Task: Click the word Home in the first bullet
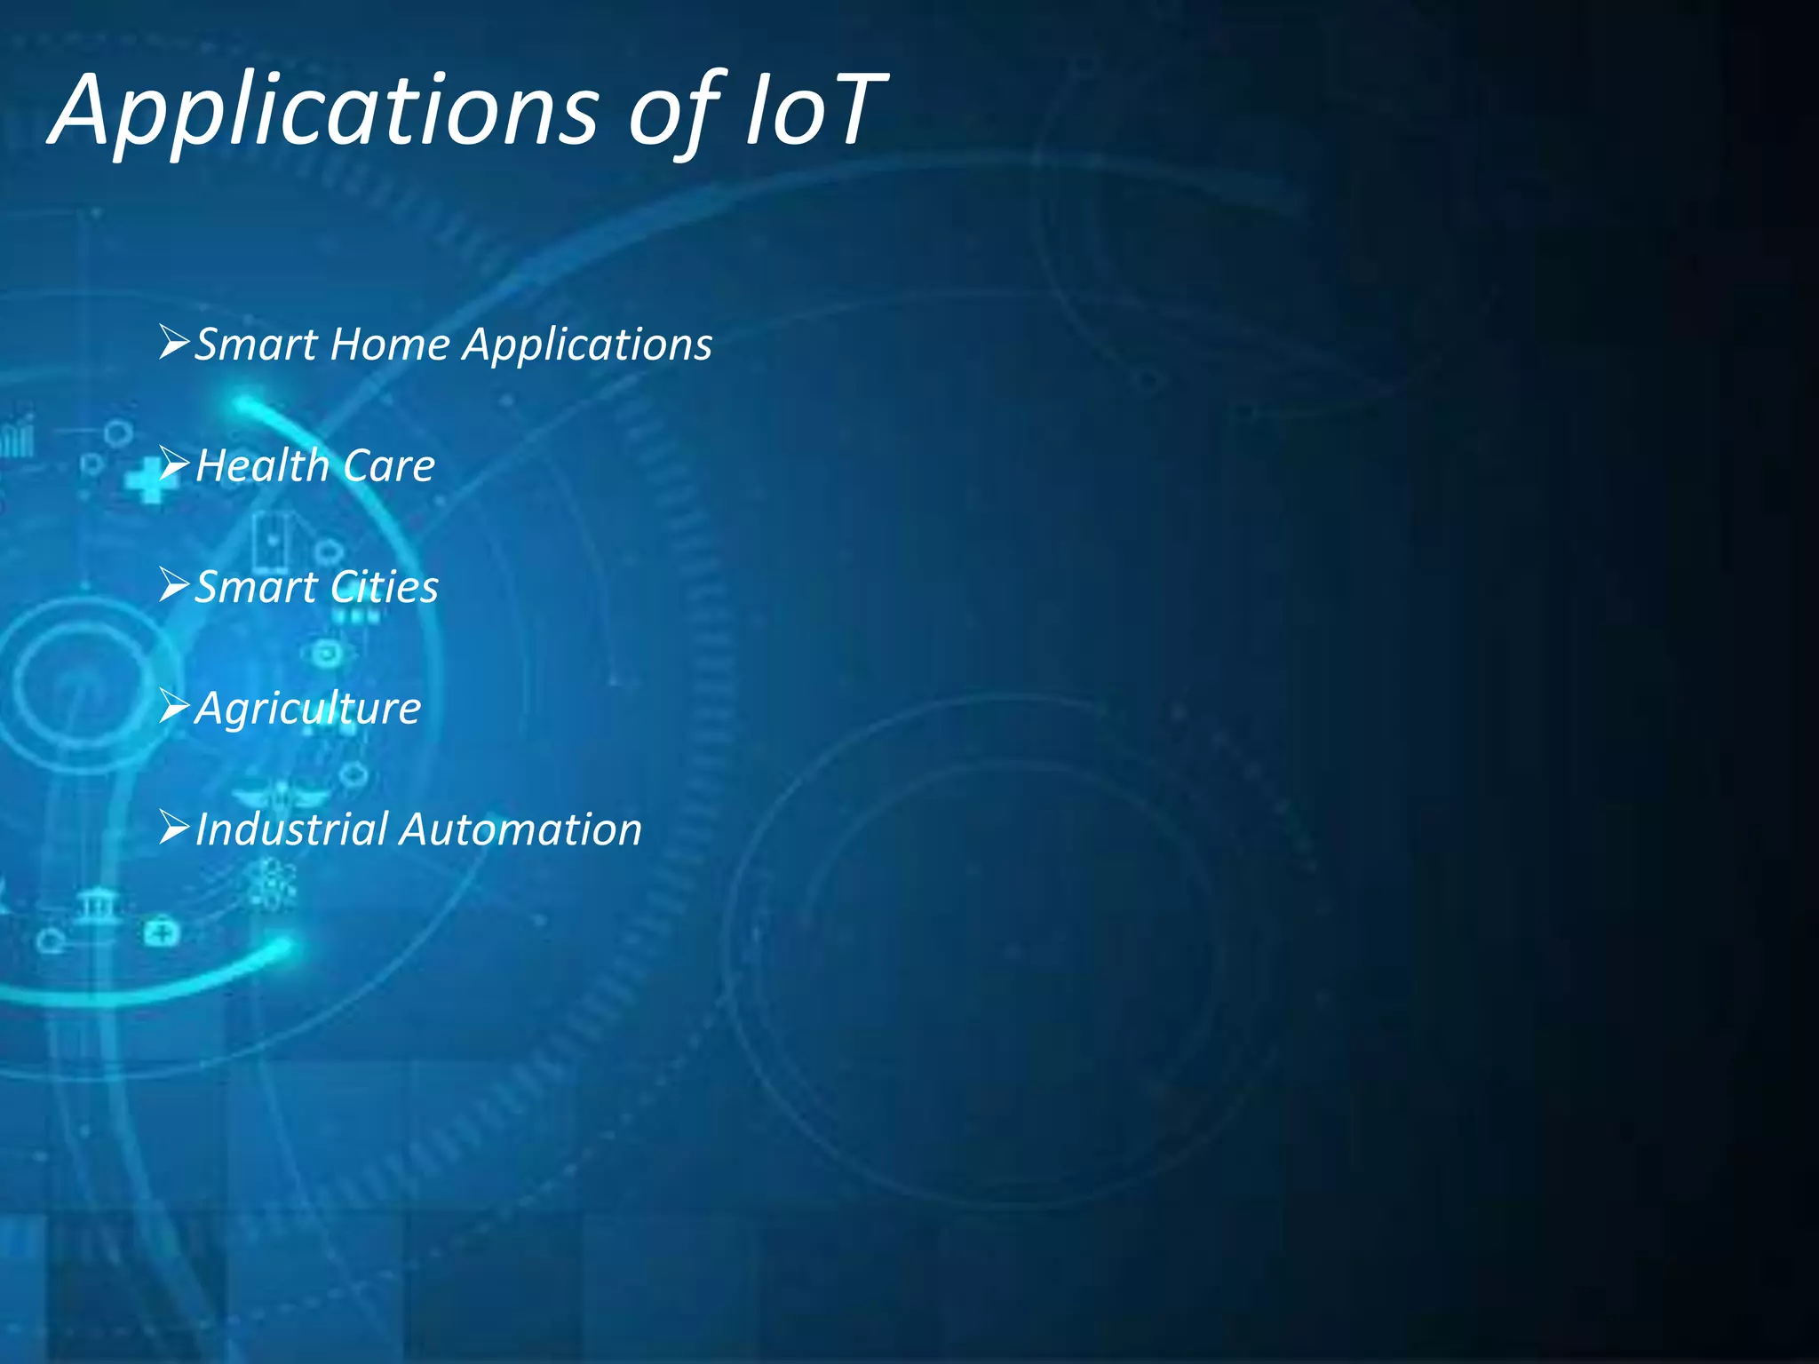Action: (390, 344)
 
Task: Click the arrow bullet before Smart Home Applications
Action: (174, 342)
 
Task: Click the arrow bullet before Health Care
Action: (174, 464)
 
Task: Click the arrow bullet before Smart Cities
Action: (174, 585)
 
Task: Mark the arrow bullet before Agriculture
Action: (174, 707)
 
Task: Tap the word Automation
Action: (520, 829)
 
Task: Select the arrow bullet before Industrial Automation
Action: (174, 828)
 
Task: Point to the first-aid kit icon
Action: (162, 932)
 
